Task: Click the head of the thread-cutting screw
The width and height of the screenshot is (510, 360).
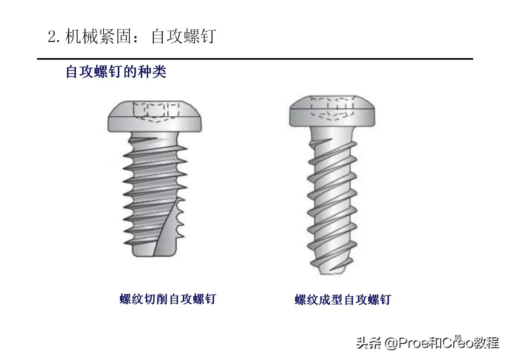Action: click(x=154, y=116)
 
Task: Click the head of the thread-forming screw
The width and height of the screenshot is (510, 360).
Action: click(x=332, y=111)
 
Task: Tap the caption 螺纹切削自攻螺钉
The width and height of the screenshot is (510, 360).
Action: click(x=168, y=299)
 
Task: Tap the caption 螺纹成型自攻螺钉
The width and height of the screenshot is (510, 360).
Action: click(x=343, y=299)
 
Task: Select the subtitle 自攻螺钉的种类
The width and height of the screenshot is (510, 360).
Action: click(x=116, y=71)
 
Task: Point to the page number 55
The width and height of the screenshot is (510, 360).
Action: click(x=458, y=337)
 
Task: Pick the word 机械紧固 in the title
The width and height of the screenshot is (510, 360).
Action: click(x=98, y=36)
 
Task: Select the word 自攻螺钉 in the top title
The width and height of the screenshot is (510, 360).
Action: click(x=184, y=36)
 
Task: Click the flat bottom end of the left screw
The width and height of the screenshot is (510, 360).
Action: click(x=154, y=255)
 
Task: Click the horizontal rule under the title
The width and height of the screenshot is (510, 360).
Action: click(x=255, y=59)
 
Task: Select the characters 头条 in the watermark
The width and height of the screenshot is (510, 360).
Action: click(x=369, y=343)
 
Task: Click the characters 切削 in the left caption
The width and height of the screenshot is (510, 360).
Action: click(x=156, y=299)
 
